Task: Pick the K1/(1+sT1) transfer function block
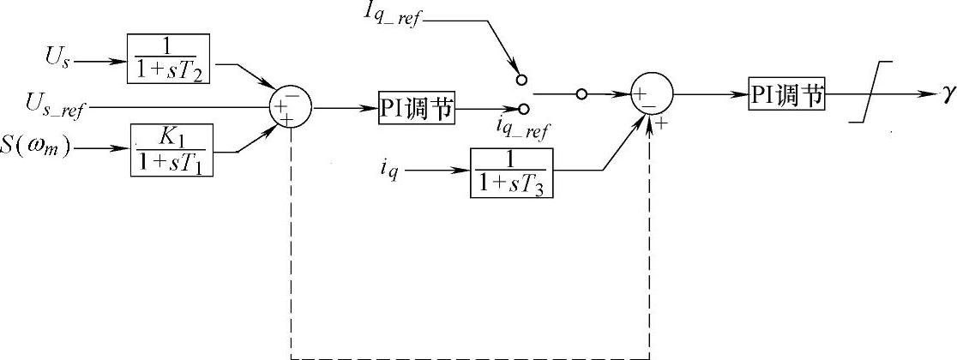point(172,149)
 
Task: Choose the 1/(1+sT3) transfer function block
point(512,171)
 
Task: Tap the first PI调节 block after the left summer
point(416,110)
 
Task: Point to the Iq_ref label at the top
point(390,15)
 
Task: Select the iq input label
point(388,171)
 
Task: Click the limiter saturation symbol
point(870,93)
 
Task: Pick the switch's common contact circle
point(581,93)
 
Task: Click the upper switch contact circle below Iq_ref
point(520,79)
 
